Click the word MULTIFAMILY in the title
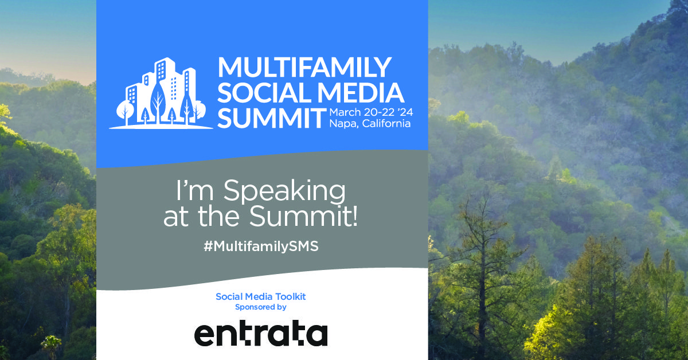point(304,67)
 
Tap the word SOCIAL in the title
point(265,92)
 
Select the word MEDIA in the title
point(361,92)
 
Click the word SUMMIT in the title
point(272,118)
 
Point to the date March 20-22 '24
point(371,112)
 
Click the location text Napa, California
point(370,123)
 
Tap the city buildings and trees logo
point(161,93)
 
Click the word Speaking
point(284,191)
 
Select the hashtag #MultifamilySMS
point(261,246)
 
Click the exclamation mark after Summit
point(355,216)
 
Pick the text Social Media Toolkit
point(261,296)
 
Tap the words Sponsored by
point(261,307)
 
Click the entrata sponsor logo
point(261,333)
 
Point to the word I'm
point(195,190)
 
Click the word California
point(386,123)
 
